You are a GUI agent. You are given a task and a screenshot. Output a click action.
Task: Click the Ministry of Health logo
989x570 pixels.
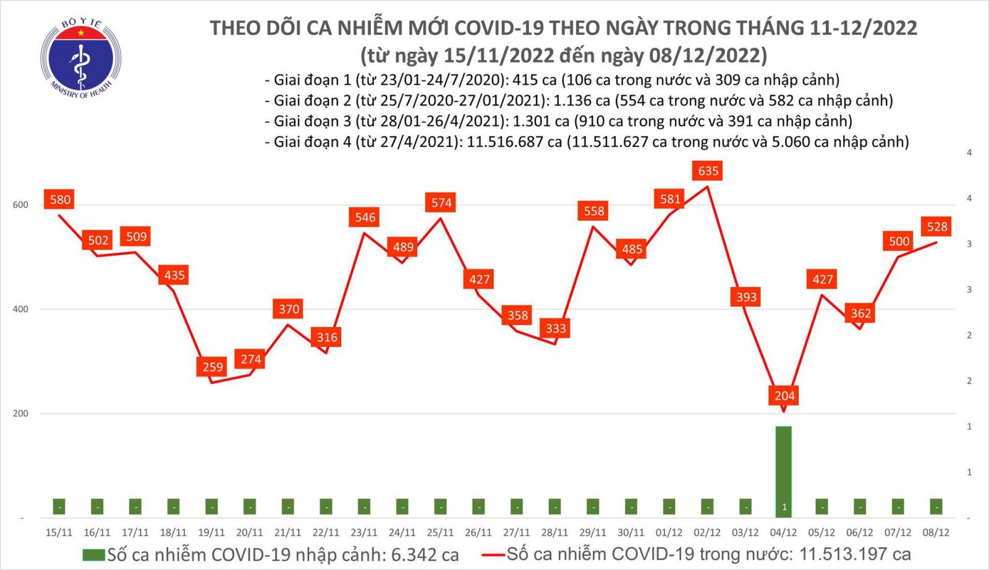tap(80, 59)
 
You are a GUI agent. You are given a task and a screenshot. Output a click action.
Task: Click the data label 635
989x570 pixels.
tap(708, 171)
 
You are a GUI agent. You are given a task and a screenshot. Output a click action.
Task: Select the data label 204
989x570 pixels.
tap(784, 396)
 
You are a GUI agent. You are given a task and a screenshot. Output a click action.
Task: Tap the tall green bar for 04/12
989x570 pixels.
tap(784, 470)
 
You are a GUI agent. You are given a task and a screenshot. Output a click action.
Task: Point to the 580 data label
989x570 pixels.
tap(60, 199)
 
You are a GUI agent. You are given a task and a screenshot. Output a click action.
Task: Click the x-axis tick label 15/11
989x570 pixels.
tap(59, 532)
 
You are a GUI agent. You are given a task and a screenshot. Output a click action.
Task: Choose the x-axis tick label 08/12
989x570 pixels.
tap(936, 532)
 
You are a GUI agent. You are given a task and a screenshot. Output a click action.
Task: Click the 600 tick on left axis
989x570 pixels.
tap(20, 205)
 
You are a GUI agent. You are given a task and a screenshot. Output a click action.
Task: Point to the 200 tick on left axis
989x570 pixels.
tap(20, 413)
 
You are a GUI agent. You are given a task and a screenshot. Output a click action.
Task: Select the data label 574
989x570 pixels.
tap(441, 202)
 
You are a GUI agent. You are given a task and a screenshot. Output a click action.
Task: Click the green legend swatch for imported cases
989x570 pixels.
tap(93, 555)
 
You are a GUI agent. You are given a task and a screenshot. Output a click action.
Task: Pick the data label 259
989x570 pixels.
tap(212, 367)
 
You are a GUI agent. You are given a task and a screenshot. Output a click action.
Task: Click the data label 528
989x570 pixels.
tap(937, 226)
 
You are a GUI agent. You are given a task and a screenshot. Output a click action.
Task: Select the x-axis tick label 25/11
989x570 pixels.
tap(440, 532)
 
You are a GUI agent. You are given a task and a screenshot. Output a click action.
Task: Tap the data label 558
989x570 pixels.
tap(594, 211)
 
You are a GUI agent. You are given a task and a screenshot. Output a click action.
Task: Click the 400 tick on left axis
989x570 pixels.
tap(20, 309)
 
